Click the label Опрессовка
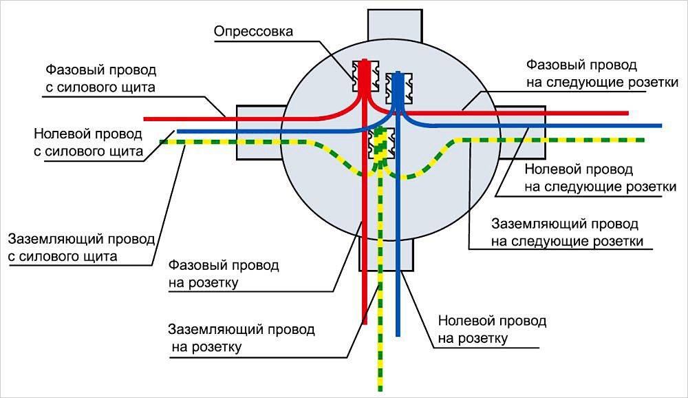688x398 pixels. tap(253, 32)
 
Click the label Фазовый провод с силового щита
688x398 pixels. tap(100, 78)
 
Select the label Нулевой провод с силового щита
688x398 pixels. tap(88, 142)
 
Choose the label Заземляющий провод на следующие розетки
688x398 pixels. tap(568, 233)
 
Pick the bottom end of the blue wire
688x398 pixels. tap(398, 334)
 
